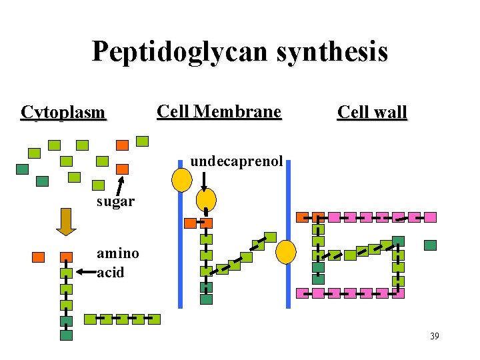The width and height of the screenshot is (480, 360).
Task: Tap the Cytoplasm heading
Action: click(63, 112)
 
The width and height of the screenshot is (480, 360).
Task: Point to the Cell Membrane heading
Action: click(219, 111)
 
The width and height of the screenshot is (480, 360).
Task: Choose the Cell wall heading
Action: click(372, 112)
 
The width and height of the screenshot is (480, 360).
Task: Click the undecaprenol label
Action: click(237, 161)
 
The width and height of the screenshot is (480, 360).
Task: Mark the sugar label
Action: click(115, 201)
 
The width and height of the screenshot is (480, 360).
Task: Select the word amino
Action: click(118, 253)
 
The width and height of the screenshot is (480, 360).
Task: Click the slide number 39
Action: click(434, 336)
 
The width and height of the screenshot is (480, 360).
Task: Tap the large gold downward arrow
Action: click(67, 221)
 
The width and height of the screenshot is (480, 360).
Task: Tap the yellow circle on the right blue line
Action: click(287, 252)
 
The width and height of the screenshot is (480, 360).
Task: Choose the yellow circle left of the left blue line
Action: click(181, 179)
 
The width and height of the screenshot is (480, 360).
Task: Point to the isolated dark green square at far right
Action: click(430, 245)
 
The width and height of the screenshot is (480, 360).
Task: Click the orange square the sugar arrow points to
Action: click(122, 169)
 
